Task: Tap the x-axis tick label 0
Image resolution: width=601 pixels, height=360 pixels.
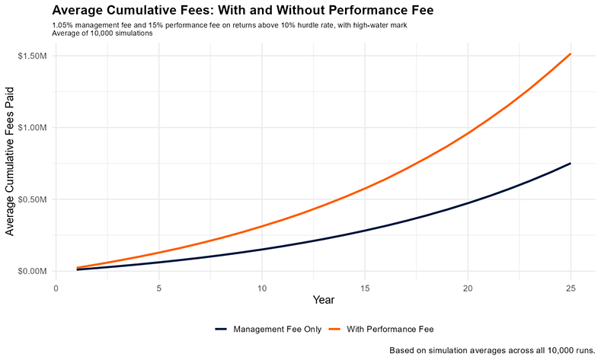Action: tap(56, 288)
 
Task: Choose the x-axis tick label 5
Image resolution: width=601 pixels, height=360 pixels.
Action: tap(158, 288)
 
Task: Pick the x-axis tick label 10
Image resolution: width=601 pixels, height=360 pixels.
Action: tap(261, 288)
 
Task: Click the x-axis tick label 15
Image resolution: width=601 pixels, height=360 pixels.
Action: tap(364, 288)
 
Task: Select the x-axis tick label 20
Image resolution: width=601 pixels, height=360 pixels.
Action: tap(467, 288)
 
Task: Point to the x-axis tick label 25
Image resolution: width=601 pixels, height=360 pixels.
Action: tap(570, 288)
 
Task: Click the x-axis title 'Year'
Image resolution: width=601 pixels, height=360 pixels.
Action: tap(313, 301)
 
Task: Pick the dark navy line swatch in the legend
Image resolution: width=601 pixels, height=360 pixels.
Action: tap(222, 329)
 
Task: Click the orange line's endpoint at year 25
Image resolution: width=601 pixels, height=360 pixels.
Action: tap(570, 54)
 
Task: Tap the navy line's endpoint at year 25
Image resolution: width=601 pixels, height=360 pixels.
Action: tap(570, 164)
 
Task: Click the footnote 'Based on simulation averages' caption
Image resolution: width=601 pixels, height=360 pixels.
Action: tap(491, 350)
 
